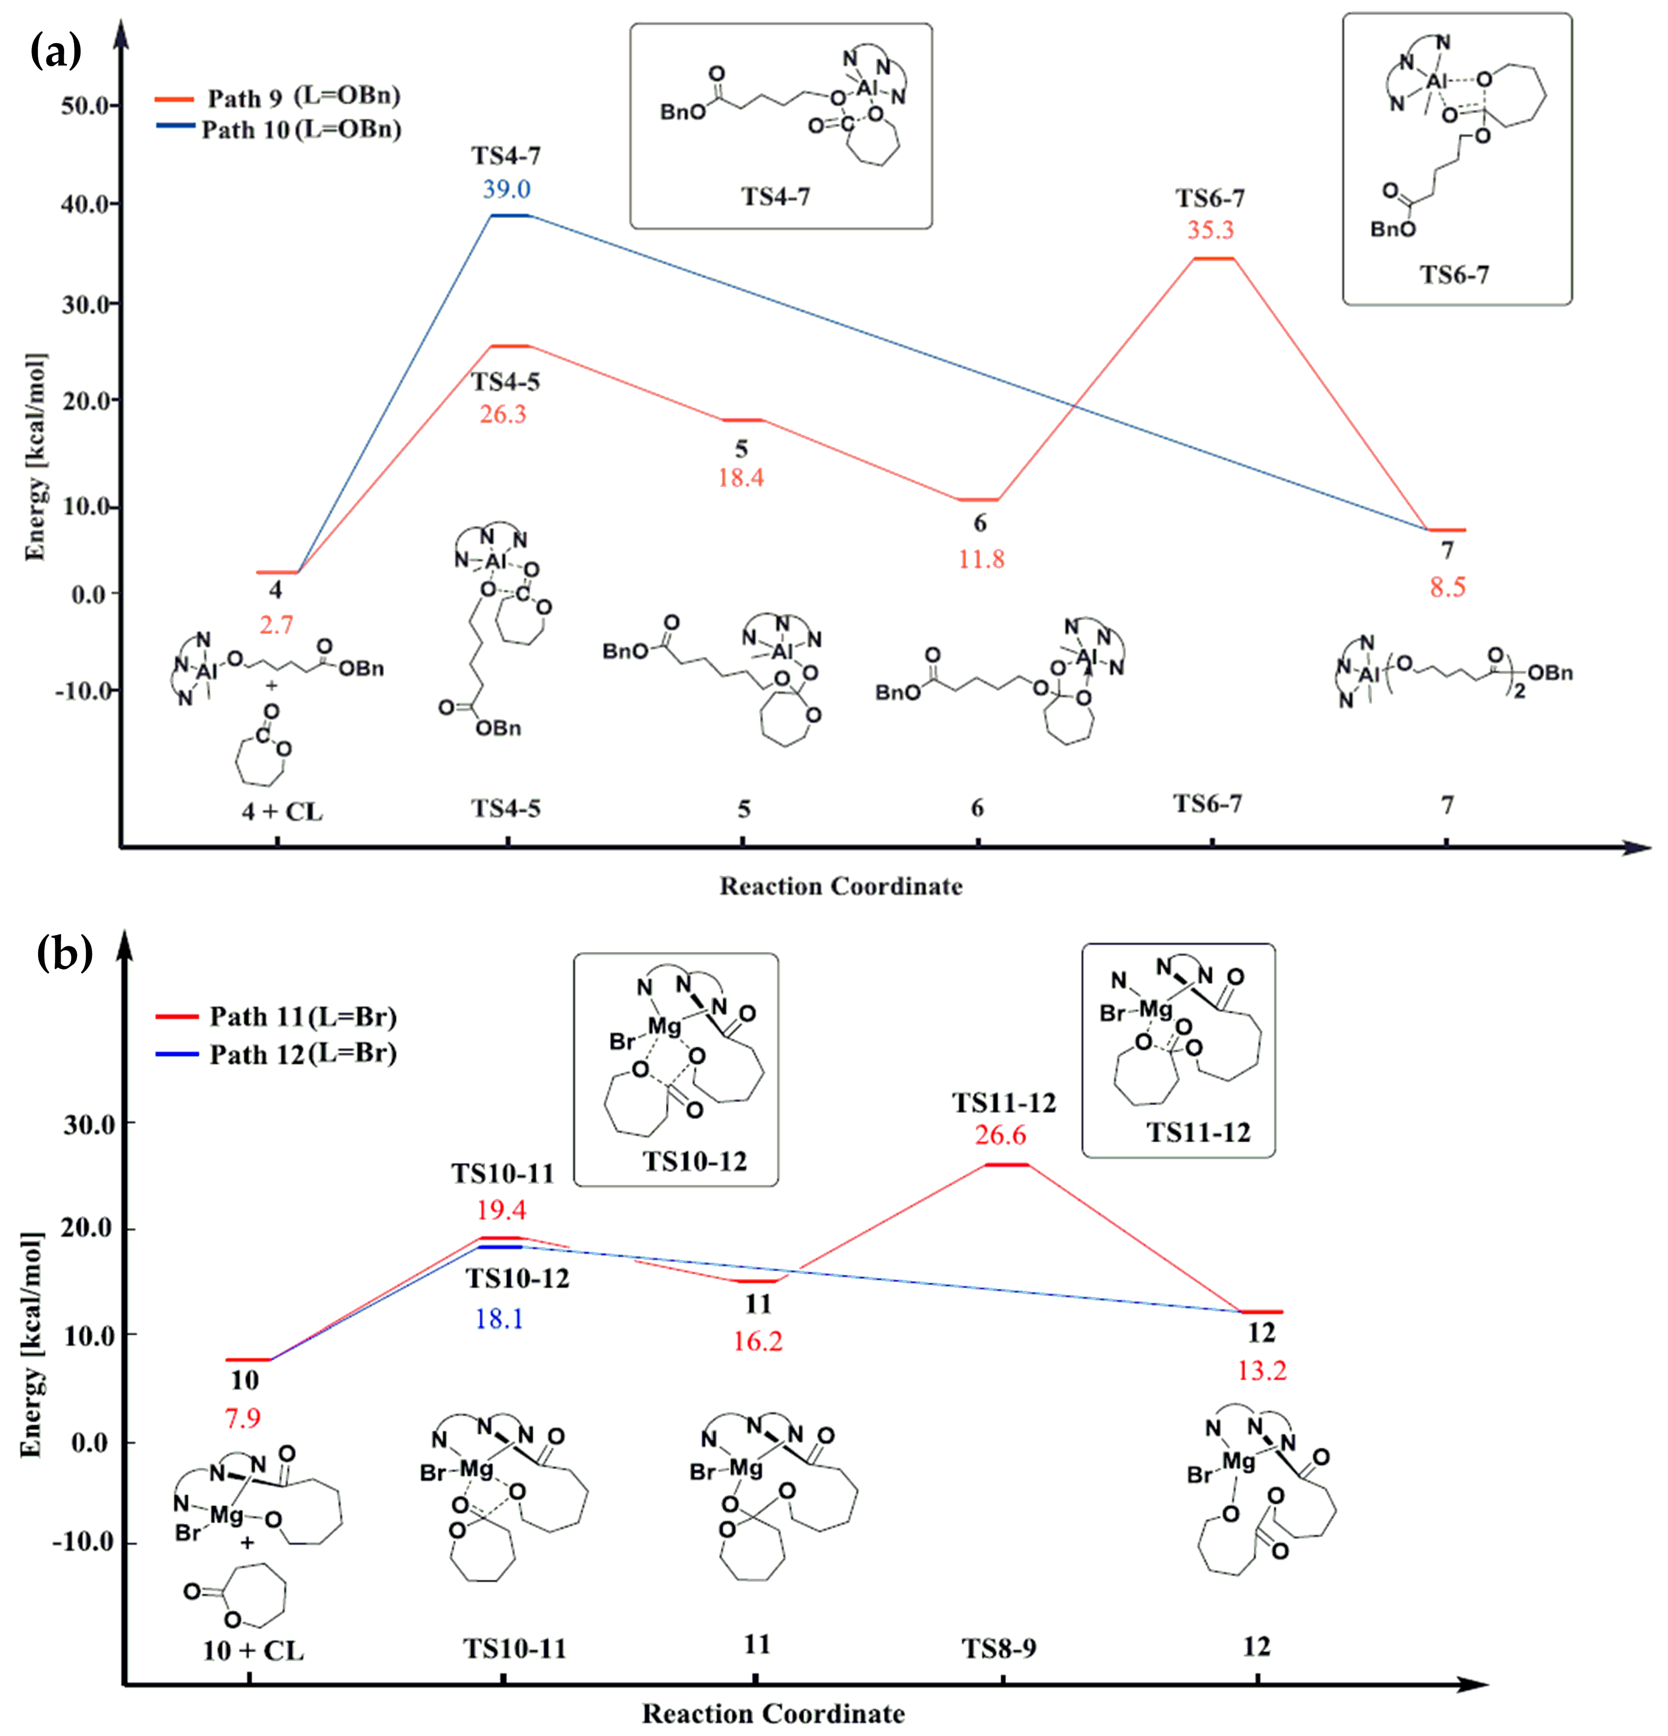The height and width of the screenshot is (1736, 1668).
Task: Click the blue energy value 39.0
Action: [507, 189]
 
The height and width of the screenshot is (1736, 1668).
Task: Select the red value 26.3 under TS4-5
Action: [503, 414]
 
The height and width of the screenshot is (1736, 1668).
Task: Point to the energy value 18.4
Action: [741, 478]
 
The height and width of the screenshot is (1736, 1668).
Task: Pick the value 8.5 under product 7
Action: [1448, 587]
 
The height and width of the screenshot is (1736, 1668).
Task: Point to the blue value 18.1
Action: [499, 1319]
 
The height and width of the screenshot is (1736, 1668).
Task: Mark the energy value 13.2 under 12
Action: [1262, 1371]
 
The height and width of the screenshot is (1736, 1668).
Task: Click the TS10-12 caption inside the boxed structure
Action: [695, 1161]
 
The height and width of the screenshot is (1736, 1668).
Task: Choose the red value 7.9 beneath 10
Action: [243, 1419]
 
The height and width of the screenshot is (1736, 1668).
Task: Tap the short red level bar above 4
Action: [277, 572]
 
